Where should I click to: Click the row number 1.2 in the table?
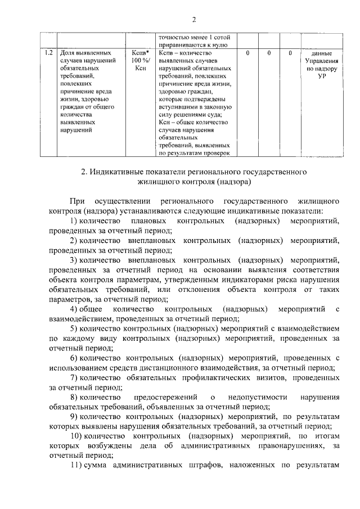pos(49,53)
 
